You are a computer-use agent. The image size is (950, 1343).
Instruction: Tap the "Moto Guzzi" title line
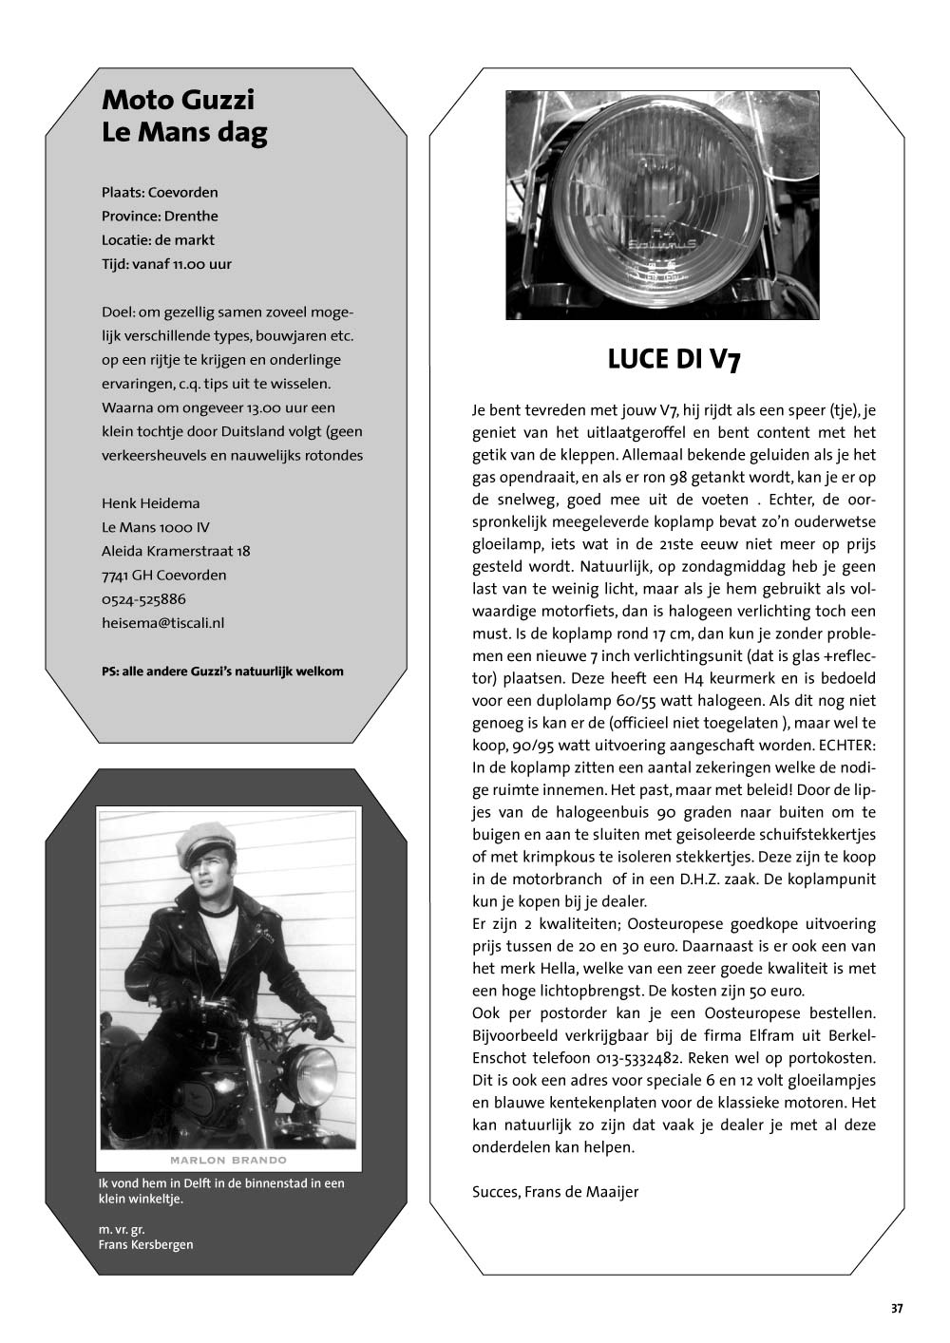pyautogui.click(x=178, y=100)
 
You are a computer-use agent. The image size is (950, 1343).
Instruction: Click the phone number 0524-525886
pyautogui.click(x=143, y=599)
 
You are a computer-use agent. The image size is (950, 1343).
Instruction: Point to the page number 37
pyautogui.click(x=897, y=1308)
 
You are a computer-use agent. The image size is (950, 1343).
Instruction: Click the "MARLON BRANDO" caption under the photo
pyautogui.click(x=228, y=1160)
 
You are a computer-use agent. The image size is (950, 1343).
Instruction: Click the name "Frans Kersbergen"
pyautogui.click(x=145, y=1244)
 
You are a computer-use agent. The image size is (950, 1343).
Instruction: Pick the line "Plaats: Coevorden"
pyautogui.click(x=160, y=192)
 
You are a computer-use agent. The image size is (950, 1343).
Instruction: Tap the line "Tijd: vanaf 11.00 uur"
pyautogui.click(x=166, y=264)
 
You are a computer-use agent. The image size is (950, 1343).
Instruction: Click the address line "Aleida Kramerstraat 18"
pyautogui.click(x=176, y=551)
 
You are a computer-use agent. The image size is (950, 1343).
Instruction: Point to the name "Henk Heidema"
pyautogui.click(x=150, y=503)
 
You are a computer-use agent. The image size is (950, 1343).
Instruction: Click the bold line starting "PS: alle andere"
pyautogui.click(x=222, y=671)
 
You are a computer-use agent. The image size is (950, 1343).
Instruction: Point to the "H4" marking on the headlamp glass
pyautogui.click(x=661, y=231)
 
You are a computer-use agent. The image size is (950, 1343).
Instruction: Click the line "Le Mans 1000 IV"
pyautogui.click(x=156, y=527)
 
